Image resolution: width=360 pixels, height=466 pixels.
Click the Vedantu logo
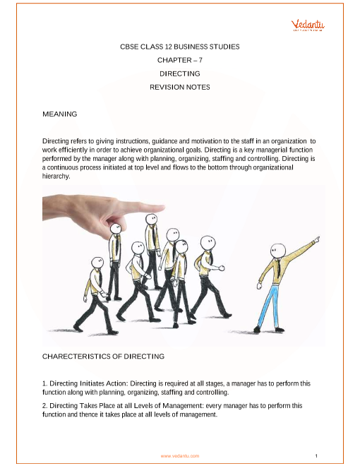(308, 25)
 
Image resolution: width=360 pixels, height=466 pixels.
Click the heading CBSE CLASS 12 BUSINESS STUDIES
(180, 47)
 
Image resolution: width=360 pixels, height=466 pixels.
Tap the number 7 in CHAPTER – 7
(200, 60)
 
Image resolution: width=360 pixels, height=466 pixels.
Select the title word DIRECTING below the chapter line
(180, 73)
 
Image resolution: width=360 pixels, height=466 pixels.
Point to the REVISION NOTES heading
(180, 87)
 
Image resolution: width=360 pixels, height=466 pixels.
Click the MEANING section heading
(60, 114)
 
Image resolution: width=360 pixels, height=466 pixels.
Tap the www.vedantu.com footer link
(180, 455)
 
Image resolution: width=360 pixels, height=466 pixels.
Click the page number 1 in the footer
(316, 455)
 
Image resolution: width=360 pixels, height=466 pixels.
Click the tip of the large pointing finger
(164, 208)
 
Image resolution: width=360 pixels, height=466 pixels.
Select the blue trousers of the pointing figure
(268, 306)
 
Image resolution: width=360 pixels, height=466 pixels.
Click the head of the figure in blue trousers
(277, 251)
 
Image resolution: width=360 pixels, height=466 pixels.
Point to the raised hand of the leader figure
(317, 239)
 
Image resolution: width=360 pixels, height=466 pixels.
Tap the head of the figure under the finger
(115, 229)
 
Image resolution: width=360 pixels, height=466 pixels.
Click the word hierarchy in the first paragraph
(56, 177)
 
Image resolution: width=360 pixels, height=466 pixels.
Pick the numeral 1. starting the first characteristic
(45, 383)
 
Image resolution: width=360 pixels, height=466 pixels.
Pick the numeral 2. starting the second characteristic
(45, 406)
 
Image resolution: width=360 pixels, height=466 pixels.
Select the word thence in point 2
(88, 414)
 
